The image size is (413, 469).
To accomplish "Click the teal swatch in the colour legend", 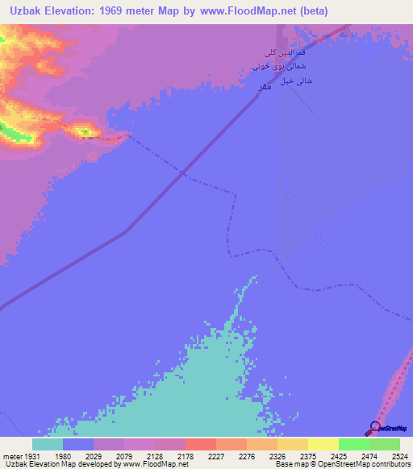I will pos(48,444).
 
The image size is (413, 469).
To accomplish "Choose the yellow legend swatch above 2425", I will pos(323,444).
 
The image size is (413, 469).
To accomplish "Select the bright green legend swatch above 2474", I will pos(353,444).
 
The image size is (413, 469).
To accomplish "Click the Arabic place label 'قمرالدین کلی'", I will pos(289,53).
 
